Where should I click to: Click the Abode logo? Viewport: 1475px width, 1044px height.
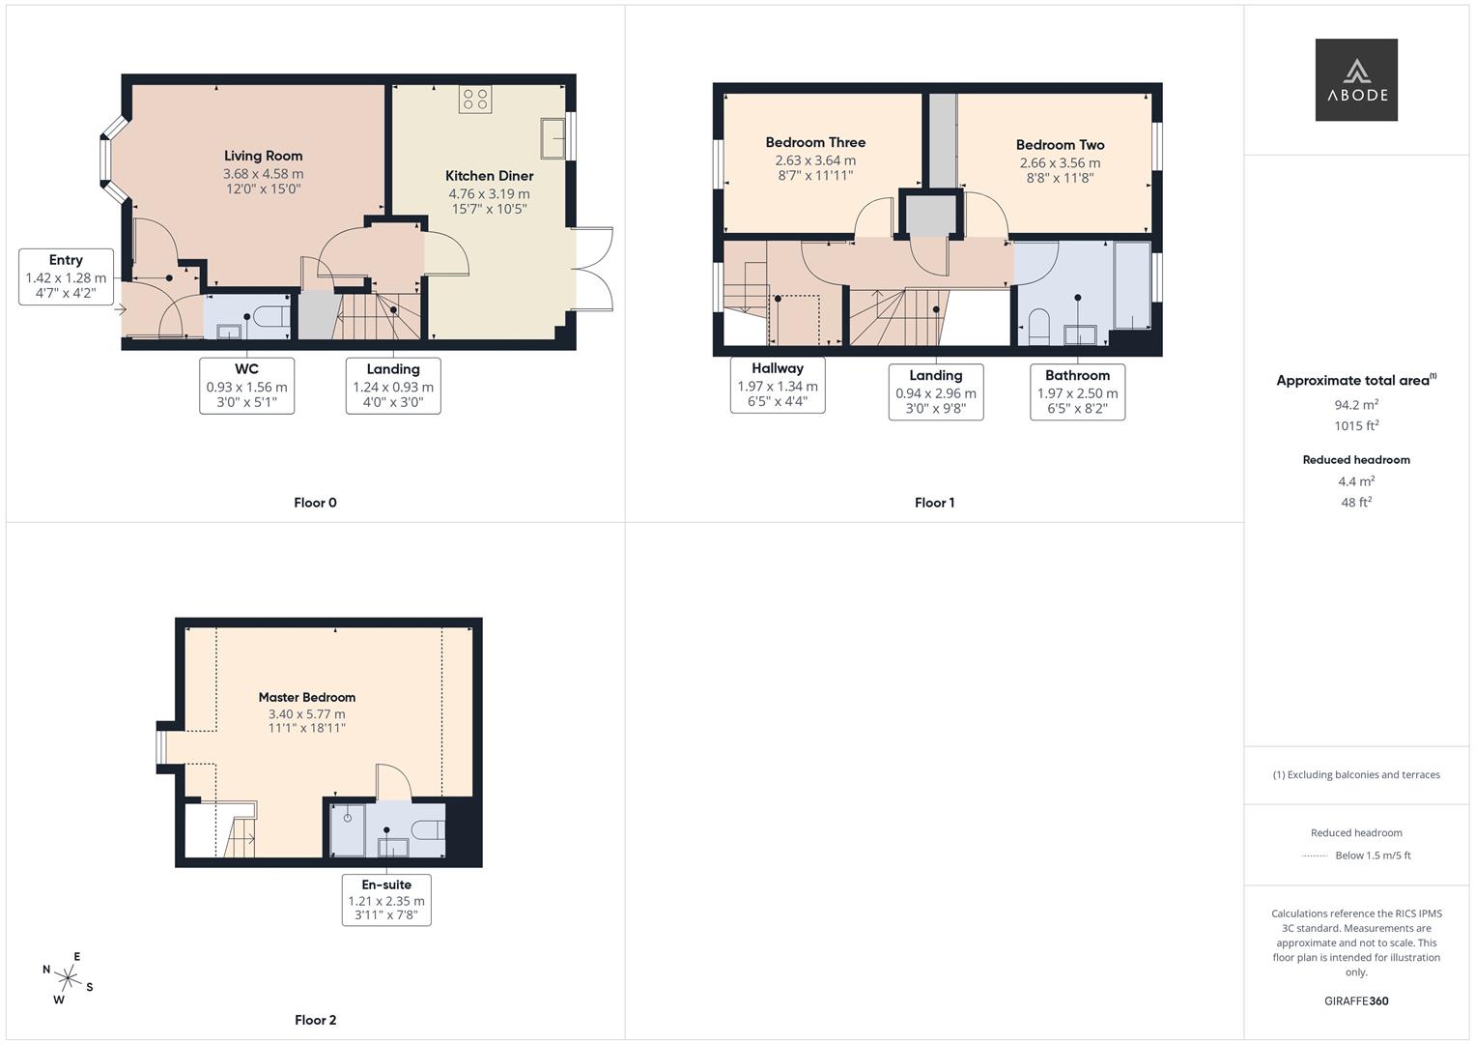click(x=1356, y=79)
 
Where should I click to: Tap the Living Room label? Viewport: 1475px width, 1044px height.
click(x=264, y=156)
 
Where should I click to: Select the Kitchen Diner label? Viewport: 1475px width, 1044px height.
click(x=490, y=175)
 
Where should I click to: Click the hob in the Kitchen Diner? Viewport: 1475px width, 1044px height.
click(x=475, y=100)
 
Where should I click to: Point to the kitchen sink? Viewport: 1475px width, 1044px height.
click(x=553, y=138)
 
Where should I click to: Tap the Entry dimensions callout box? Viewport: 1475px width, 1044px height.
click(x=66, y=276)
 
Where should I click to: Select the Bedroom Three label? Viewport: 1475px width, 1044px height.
click(x=815, y=142)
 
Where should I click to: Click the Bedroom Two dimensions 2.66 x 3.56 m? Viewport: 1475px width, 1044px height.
click(x=1061, y=162)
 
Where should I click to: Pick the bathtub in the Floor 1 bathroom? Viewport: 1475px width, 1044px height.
click(x=1132, y=285)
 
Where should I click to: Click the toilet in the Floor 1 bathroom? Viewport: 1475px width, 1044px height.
click(x=1039, y=327)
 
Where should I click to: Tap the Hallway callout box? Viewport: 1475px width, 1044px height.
click(x=778, y=385)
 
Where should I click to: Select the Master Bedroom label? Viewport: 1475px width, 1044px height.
click(x=307, y=697)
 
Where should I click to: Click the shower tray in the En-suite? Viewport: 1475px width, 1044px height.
click(x=348, y=829)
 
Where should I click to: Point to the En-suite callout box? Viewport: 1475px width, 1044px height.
click(x=386, y=900)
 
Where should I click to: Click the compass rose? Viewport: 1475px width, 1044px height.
click(x=68, y=978)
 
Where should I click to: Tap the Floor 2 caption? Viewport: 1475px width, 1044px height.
click(x=316, y=1020)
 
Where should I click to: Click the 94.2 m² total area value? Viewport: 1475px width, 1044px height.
click(x=1356, y=405)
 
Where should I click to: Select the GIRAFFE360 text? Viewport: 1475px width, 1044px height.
click(x=1356, y=1001)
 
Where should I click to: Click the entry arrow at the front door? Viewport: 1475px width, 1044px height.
click(x=120, y=308)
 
